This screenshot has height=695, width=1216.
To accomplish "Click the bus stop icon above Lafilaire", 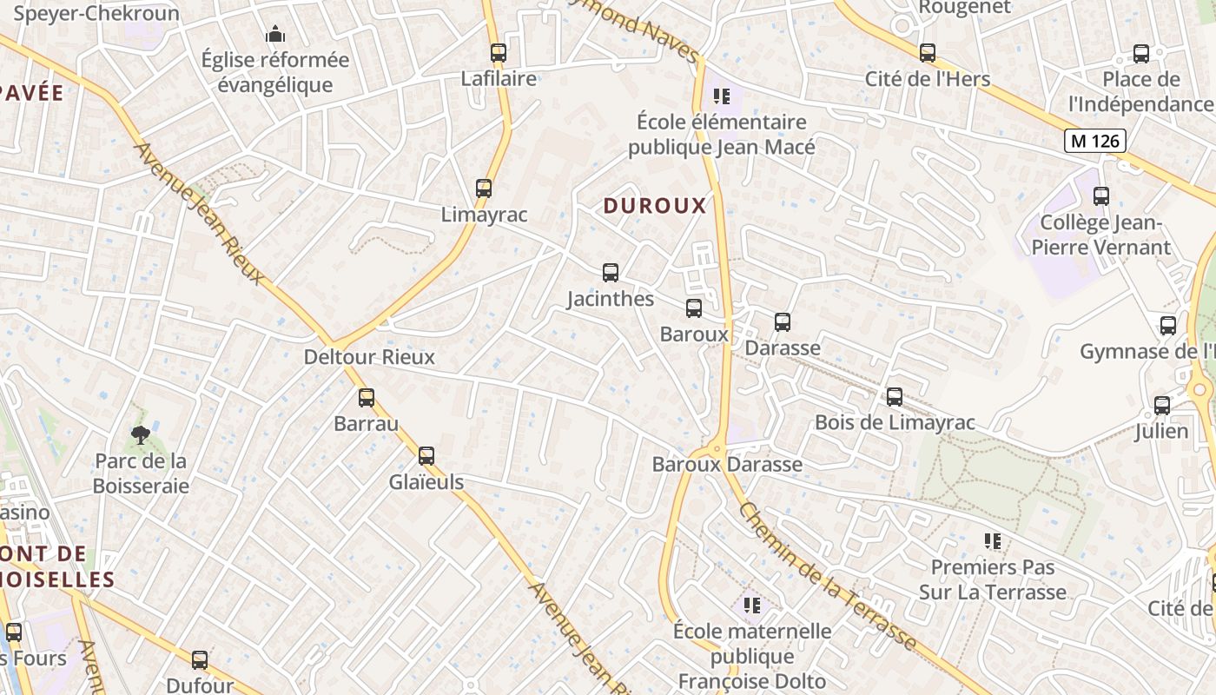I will (x=498, y=52).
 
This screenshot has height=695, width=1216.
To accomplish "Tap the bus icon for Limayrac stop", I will (x=484, y=188).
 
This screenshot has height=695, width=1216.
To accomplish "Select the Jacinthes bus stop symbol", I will (x=611, y=273).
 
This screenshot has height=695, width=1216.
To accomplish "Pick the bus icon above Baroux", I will (x=694, y=308).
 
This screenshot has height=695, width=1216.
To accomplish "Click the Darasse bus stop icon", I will (x=783, y=322).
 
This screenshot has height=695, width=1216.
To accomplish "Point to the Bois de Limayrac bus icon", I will (x=895, y=397).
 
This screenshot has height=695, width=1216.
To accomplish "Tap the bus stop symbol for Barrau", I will (x=367, y=398).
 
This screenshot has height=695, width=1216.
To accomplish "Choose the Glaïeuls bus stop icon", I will (x=426, y=456).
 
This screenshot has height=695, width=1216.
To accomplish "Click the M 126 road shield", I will (x=1095, y=141).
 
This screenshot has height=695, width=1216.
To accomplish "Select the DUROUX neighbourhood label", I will (x=655, y=206).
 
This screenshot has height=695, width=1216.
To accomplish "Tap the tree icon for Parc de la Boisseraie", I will (x=140, y=434).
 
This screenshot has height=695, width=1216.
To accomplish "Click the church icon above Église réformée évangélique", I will (x=275, y=35).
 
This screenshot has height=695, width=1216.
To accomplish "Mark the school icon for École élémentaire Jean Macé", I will (x=722, y=96).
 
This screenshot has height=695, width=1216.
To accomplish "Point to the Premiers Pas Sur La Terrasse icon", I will (x=993, y=541).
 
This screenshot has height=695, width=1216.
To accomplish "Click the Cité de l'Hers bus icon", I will (x=928, y=52).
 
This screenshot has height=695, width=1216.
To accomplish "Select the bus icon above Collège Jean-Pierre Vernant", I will (x=1101, y=196).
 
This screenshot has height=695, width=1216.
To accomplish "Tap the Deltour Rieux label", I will (x=369, y=357).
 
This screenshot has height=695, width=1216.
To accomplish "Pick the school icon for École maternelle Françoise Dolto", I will (x=752, y=605).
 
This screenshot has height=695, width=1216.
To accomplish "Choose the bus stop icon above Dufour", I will (x=200, y=659).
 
